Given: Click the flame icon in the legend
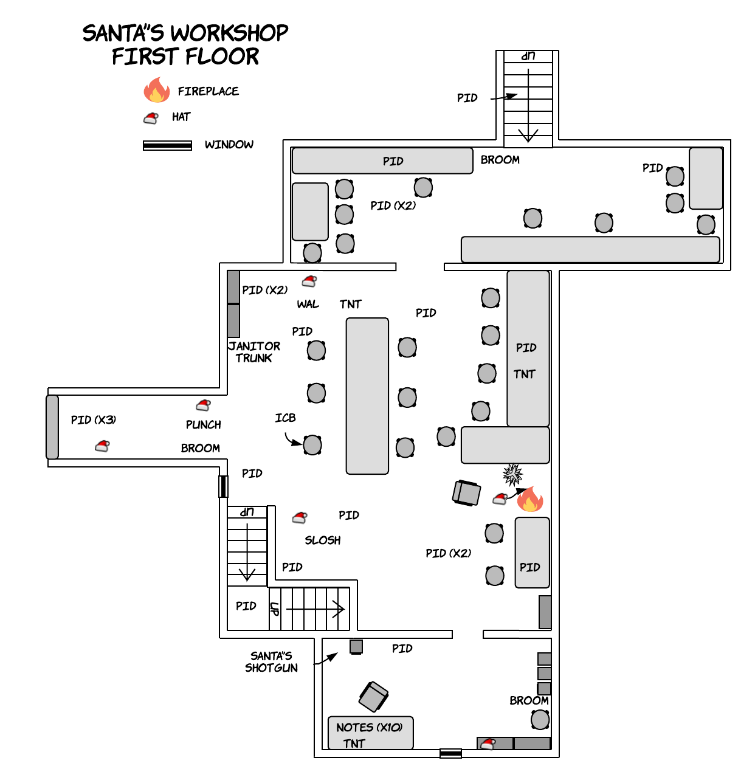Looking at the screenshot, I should tap(156, 90).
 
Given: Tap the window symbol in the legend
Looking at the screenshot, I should tap(167, 145).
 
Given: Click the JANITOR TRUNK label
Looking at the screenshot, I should tap(254, 352).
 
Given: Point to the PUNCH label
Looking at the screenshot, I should tap(204, 424).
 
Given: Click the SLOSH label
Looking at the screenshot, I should tap(323, 540).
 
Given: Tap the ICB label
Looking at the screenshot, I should tap(285, 418).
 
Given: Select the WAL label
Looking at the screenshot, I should tap(308, 304).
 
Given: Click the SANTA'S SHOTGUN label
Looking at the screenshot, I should tap(271, 661).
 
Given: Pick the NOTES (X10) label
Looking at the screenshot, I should tap(369, 727).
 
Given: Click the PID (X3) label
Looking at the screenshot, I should tap(93, 419).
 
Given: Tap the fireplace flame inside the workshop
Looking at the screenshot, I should tap(530, 499).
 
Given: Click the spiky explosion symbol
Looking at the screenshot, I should tap(513, 474).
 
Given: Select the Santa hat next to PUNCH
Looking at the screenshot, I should tap(203, 405).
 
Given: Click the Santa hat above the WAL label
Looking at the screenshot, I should tap(309, 281).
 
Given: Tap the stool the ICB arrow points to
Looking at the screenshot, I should tap(312, 445).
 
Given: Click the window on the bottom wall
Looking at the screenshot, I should tap(450, 754).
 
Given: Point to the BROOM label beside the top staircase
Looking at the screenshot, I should tap(500, 160).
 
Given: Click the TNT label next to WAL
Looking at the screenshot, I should tap(350, 304).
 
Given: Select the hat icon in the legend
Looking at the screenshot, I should tap(151, 118).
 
